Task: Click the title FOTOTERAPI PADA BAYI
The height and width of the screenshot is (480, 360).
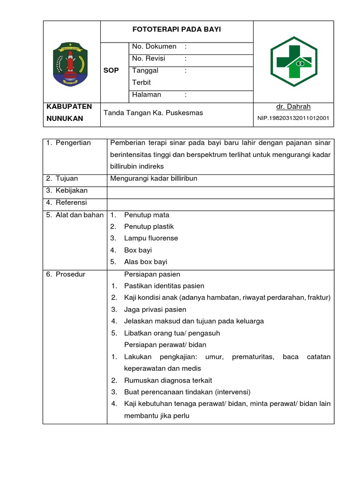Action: [x=177, y=30]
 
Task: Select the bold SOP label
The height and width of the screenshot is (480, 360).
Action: [x=111, y=70]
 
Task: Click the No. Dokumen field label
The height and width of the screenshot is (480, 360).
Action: [x=154, y=46]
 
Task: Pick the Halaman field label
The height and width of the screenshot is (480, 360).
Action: [x=147, y=95]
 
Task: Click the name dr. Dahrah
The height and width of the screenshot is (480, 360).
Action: [x=293, y=107]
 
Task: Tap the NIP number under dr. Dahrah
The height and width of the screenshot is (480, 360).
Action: [x=293, y=119]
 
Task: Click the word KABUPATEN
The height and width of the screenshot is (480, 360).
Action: [x=69, y=107]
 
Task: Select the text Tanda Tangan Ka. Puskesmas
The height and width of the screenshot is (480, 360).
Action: [x=153, y=113]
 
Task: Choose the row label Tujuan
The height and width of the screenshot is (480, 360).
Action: [x=67, y=179]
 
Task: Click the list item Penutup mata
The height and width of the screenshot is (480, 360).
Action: [x=147, y=215]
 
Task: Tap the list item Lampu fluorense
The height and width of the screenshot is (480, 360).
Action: [x=151, y=238]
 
